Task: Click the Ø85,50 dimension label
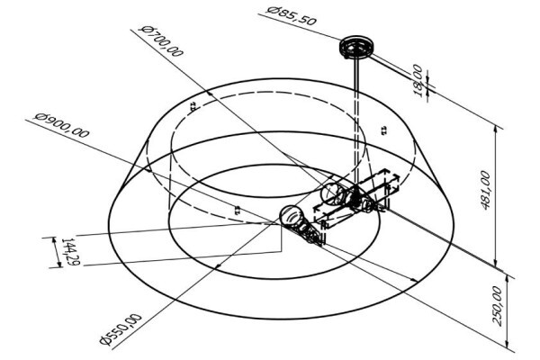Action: [292, 16]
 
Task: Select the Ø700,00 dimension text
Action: [161, 40]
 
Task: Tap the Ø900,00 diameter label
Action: [61, 125]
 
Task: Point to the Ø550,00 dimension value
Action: [121, 329]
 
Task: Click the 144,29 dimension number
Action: [70, 252]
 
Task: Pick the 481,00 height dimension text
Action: [485, 190]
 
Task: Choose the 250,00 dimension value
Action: [498, 306]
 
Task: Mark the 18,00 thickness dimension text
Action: [418, 81]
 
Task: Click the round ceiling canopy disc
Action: [356, 46]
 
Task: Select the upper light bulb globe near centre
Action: [331, 193]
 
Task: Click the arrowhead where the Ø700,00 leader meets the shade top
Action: [209, 93]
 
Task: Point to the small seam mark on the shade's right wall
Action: [383, 130]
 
